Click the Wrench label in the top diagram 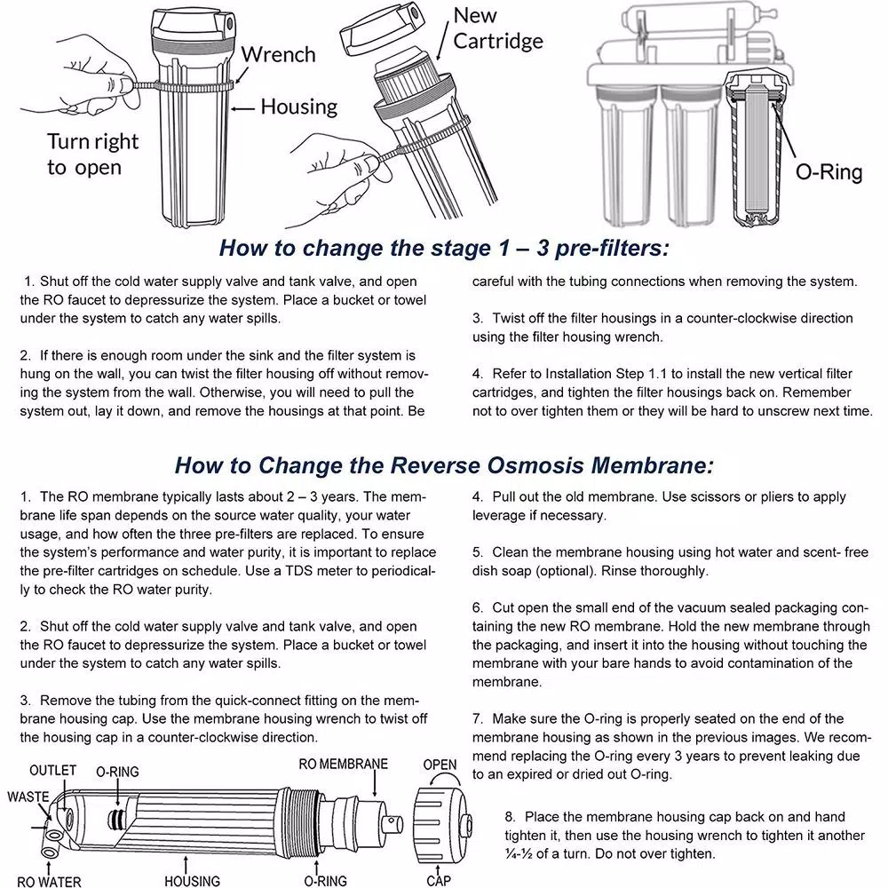(278, 55)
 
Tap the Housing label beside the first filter (298, 107)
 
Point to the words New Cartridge (497, 28)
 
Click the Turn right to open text (92, 155)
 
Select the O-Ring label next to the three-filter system (828, 172)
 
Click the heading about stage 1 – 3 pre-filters (444, 248)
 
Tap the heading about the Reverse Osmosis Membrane (444, 465)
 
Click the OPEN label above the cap (440, 765)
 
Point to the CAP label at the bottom (439, 880)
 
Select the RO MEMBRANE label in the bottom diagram (343, 765)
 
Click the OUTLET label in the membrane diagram (52, 770)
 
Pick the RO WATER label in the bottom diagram (49, 881)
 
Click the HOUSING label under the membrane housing (192, 881)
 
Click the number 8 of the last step (510, 817)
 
